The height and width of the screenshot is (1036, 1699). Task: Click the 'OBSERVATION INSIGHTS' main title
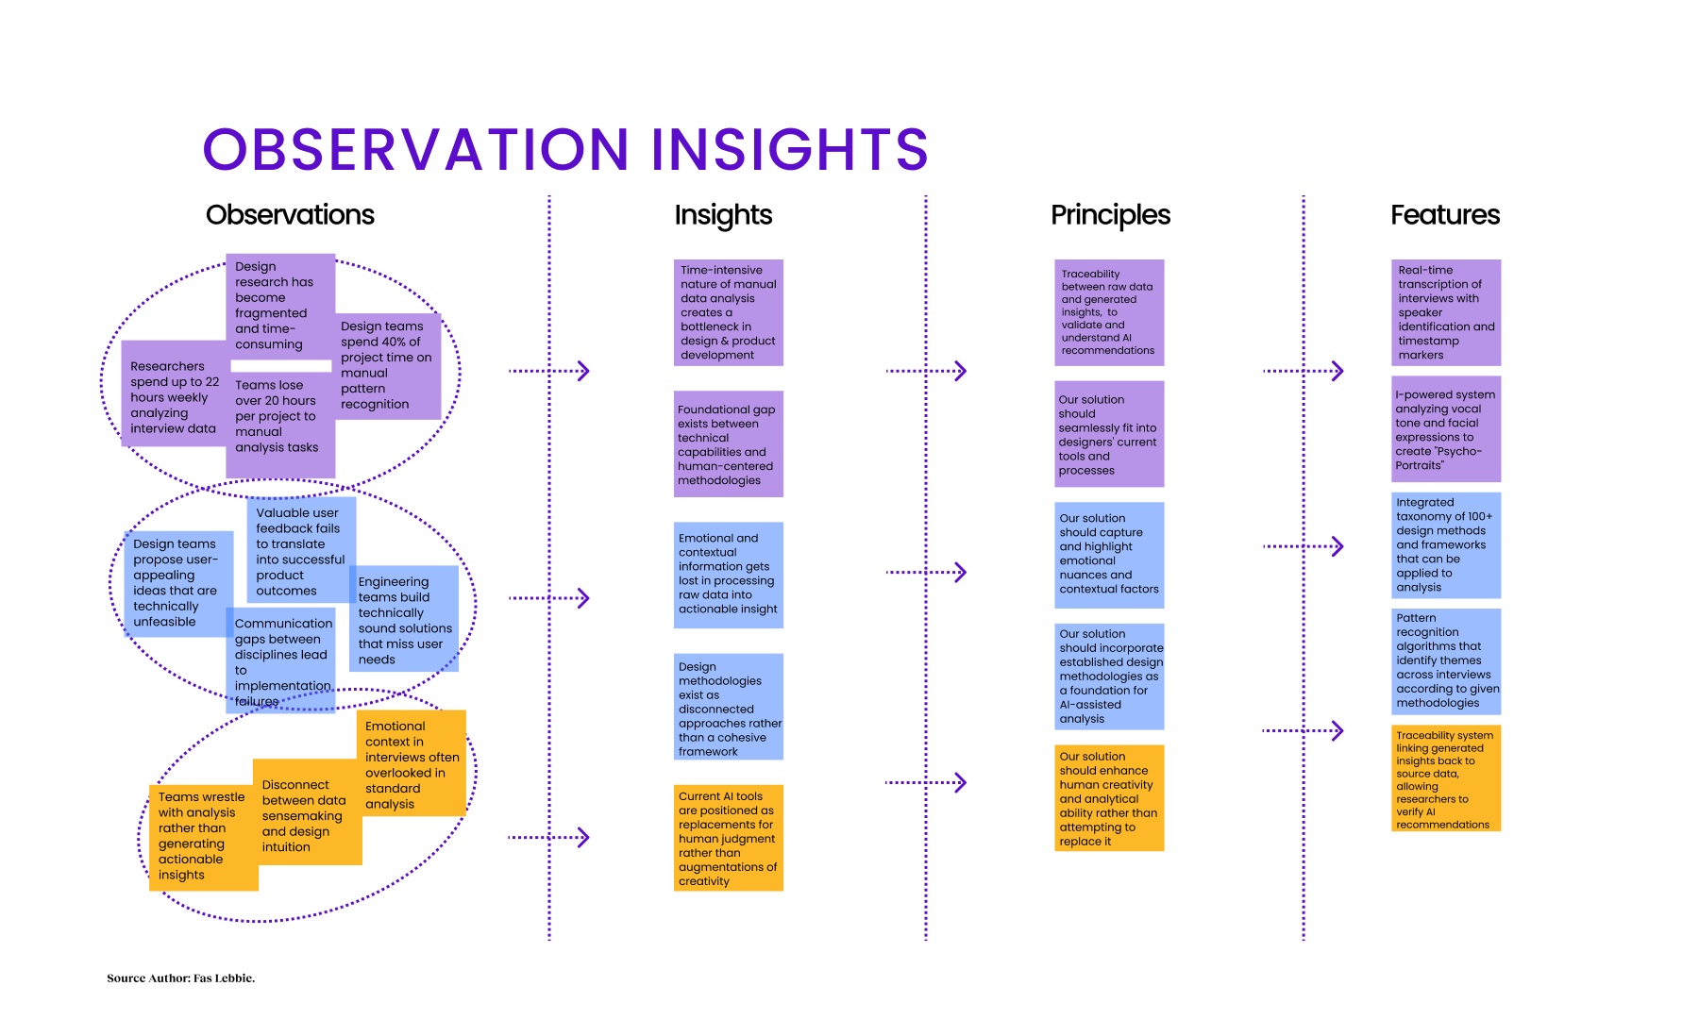click(x=565, y=149)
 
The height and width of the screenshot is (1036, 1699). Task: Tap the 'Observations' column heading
click(x=290, y=215)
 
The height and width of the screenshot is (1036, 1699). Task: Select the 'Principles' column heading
click(x=1110, y=215)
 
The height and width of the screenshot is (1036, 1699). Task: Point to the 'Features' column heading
click(x=1444, y=215)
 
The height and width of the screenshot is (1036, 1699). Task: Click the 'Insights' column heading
click(x=723, y=215)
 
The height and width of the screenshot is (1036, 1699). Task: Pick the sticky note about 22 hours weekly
click(x=175, y=396)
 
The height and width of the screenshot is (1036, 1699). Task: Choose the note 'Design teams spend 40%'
click(x=387, y=365)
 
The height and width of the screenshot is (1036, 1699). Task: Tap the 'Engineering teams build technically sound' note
click(x=405, y=620)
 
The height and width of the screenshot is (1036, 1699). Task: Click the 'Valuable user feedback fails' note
click(x=300, y=551)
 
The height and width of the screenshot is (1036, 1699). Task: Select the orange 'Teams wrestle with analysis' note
click(x=202, y=836)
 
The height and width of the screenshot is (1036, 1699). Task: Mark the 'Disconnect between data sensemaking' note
click(x=305, y=815)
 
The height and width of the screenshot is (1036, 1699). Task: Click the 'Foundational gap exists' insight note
click(x=728, y=444)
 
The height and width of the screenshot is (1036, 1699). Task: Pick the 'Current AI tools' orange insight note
click(x=728, y=838)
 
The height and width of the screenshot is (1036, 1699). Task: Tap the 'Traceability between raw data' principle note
click(x=1108, y=312)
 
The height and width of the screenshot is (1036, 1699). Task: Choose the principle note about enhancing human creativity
click(x=1108, y=798)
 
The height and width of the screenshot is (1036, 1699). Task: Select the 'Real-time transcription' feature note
click(x=1445, y=312)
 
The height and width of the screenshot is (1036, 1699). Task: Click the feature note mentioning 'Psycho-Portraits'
click(x=1445, y=429)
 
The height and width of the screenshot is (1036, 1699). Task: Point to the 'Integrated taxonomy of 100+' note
click(x=1445, y=544)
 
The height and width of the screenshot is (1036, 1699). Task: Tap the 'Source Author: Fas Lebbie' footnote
click(x=180, y=978)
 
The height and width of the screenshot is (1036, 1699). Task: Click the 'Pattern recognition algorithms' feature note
click(x=1445, y=660)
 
